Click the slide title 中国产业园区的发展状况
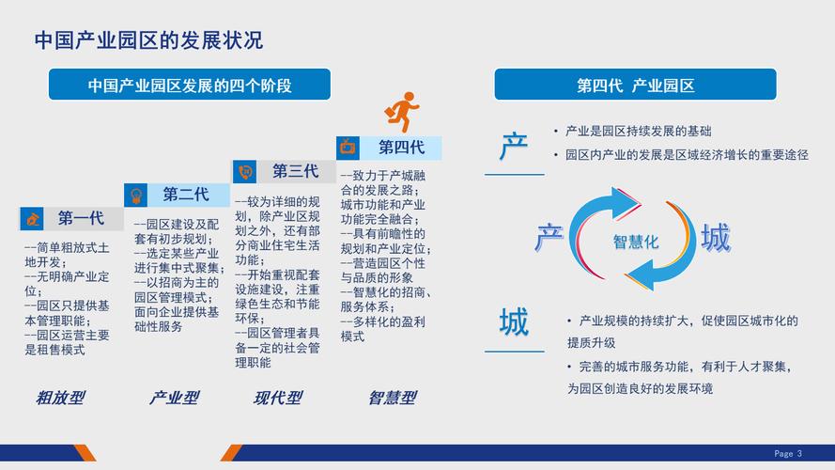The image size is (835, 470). click(148, 39)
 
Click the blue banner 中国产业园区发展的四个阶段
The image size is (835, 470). click(190, 86)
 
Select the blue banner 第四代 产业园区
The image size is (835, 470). click(635, 86)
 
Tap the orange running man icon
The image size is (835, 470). click(402, 112)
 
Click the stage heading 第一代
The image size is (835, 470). click(81, 219)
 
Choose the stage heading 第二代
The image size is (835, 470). click(186, 195)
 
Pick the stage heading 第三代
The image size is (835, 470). click(296, 171)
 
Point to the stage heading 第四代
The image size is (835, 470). click(402, 147)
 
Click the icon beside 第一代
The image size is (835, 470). click(34, 219)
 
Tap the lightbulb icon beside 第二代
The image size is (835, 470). click(137, 195)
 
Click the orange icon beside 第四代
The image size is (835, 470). click(348, 147)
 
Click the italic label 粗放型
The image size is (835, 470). click(59, 398)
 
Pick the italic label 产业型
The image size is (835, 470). click(174, 398)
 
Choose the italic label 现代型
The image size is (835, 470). click(278, 398)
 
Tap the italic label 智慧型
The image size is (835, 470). click(391, 398)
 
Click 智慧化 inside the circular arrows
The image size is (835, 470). click(636, 242)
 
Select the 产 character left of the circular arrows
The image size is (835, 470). click(549, 237)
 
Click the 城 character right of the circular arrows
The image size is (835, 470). click(715, 238)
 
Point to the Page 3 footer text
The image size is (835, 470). click(788, 453)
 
